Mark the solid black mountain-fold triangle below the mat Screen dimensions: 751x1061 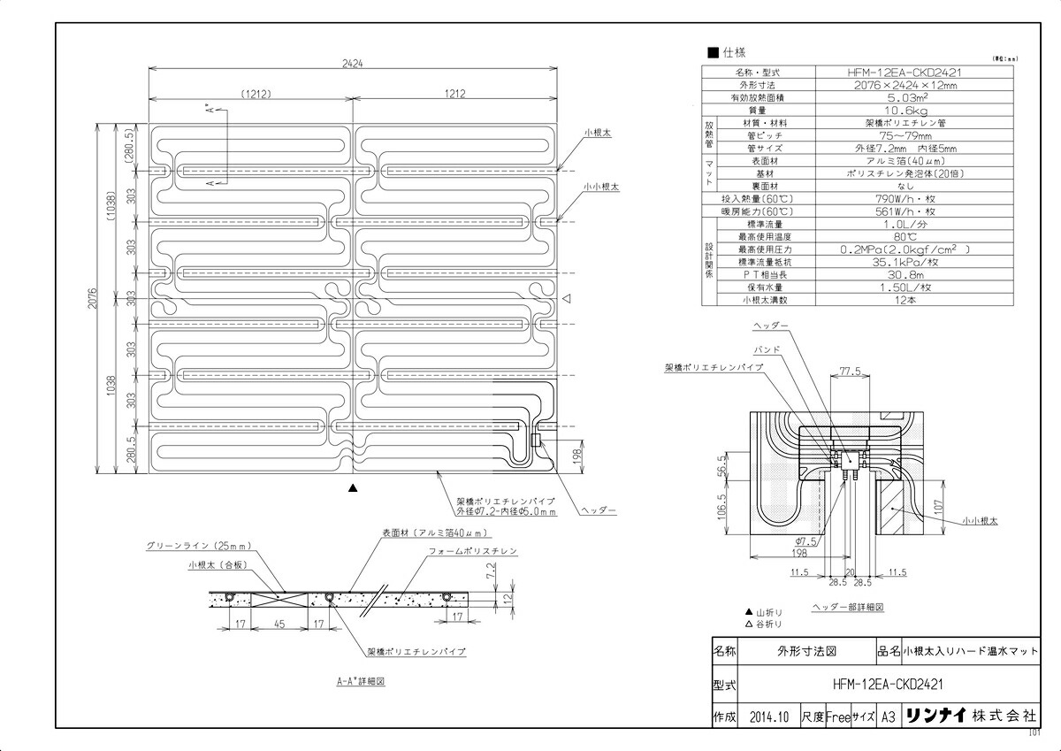pyautogui.click(x=353, y=488)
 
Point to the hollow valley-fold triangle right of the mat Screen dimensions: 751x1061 pyautogui.click(x=569, y=299)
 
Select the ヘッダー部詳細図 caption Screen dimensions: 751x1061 pyautogui.click(x=848, y=608)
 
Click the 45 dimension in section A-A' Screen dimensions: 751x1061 pyautogui.click(x=279, y=624)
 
